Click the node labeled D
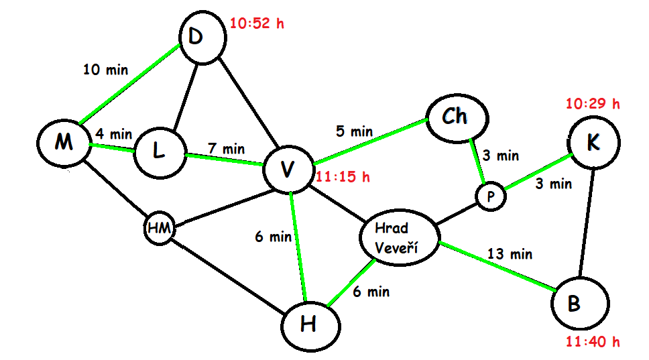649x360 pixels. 195,38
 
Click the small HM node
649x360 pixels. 160,229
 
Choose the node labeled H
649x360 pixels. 309,324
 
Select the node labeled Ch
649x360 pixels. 455,117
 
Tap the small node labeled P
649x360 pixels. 490,196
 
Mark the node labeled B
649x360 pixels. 581,303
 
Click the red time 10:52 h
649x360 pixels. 257,24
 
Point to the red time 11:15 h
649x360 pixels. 343,178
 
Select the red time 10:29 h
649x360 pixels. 593,104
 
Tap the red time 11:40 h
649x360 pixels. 593,343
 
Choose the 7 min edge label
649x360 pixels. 226,147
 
